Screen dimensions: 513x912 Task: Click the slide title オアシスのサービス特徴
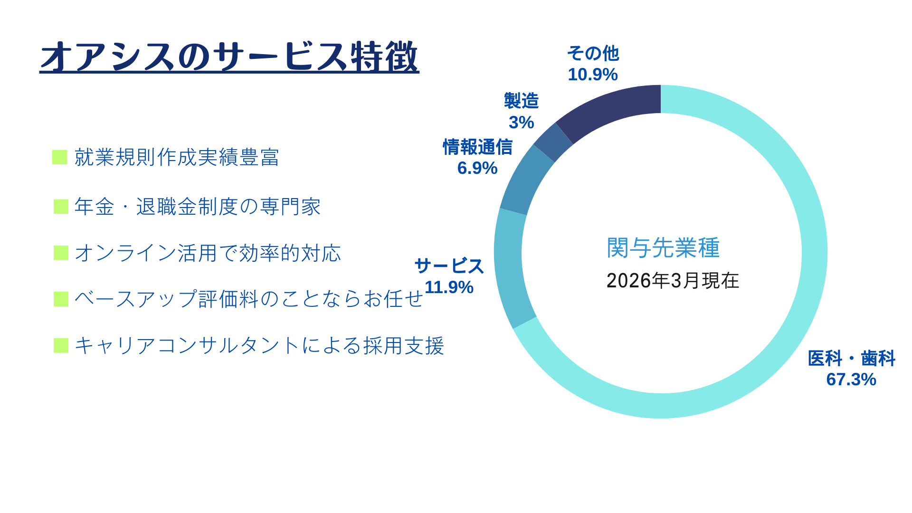pyautogui.click(x=229, y=57)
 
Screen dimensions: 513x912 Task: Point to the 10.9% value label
pyautogui.click(x=592, y=75)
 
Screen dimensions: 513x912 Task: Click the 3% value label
pyautogui.click(x=521, y=123)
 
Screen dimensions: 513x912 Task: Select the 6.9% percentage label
pyautogui.click(x=477, y=168)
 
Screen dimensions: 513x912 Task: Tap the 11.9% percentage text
pyautogui.click(x=449, y=287)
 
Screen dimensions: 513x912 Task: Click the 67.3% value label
pyautogui.click(x=851, y=380)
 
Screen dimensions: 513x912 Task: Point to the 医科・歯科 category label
pyautogui.click(x=851, y=358)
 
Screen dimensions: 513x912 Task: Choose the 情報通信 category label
pyautogui.click(x=477, y=147)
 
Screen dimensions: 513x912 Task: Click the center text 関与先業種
pyautogui.click(x=663, y=247)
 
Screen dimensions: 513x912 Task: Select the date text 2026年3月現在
pyautogui.click(x=673, y=281)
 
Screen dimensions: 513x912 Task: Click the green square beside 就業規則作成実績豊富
pyautogui.click(x=59, y=157)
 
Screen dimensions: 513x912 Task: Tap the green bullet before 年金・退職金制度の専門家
pyautogui.click(x=61, y=207)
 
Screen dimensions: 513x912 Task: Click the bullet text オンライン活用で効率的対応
pyautogui.click(x=208, y=253)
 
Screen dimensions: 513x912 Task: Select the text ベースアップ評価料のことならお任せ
pyautogui.click(x=248, y=299)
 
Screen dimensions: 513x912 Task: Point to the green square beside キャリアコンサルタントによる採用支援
pyautogui.click(x=61, y=346)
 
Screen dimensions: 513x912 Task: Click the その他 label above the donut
pyautogui.click(x=593, y=54)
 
